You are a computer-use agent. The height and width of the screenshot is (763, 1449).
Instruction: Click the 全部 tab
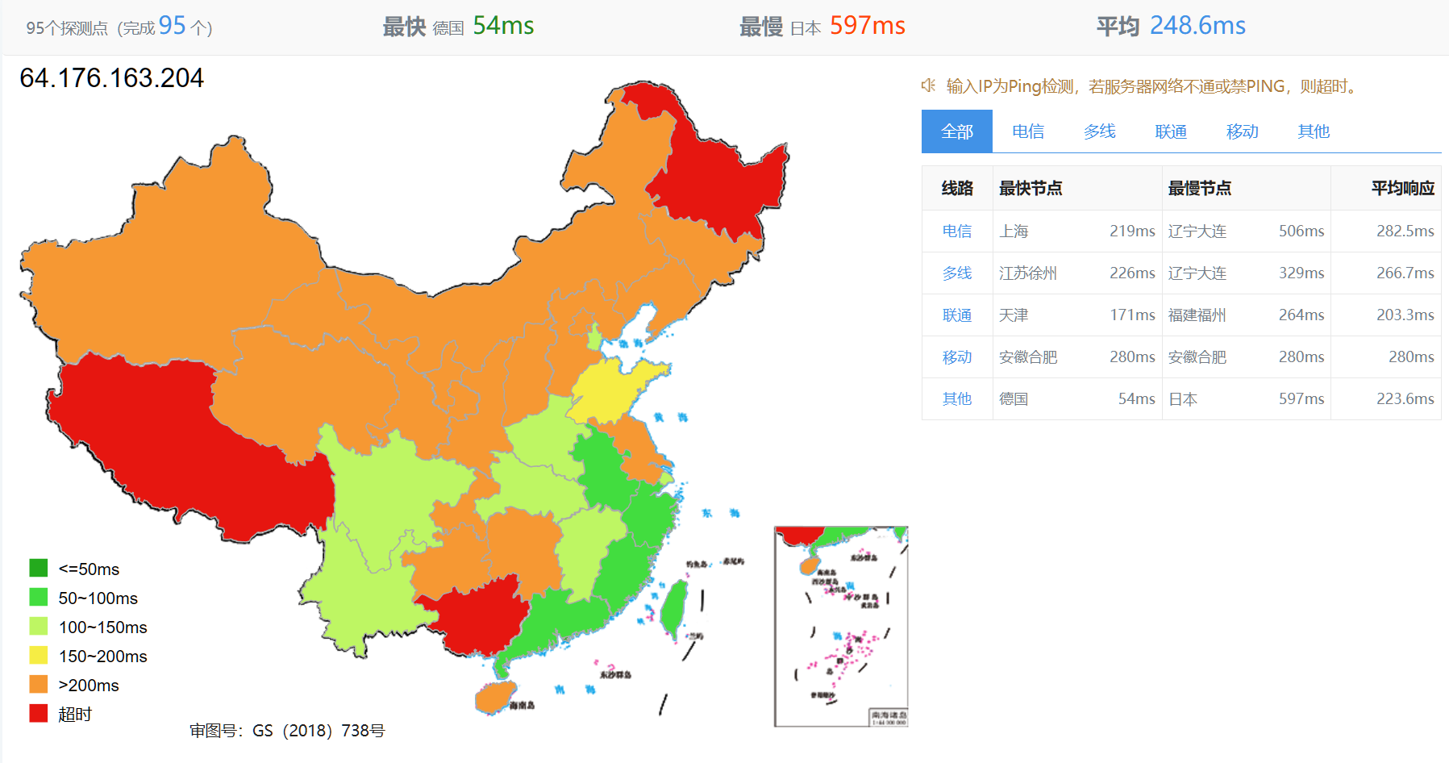click(956, 131)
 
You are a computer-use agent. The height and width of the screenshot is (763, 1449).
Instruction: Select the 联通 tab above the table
click(1171, 131)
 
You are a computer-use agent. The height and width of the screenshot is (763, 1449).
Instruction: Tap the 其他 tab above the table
click(1313, 131)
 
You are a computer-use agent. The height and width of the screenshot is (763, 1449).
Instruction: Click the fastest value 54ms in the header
click(503, 26)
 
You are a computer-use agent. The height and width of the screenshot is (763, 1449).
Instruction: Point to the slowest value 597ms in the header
click(867, 26)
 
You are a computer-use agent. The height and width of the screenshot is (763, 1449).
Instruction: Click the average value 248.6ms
click(1197, 26)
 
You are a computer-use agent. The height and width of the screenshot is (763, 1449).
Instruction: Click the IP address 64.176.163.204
click(112, 78)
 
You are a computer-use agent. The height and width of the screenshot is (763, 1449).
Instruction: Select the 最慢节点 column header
click(1200, 189)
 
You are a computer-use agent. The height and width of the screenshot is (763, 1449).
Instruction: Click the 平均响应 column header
click(1402, 189)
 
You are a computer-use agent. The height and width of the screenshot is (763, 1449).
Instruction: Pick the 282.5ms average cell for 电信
click(1405, 231)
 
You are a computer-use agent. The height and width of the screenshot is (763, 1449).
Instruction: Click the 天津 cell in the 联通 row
click(1014, 315)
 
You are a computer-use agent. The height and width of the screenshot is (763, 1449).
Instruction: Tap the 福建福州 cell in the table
click(1197, 315)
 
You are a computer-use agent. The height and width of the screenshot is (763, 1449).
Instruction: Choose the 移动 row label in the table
click(957, 357)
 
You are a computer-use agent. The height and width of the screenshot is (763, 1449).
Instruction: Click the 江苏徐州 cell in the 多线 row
click(1027, 273)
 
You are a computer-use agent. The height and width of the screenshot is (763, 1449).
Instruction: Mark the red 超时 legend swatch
click(39, 714)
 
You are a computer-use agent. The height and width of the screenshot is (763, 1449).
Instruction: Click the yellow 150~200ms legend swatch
click(39, 656)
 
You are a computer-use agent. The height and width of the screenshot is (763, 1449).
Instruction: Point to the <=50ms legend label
click(89, 569)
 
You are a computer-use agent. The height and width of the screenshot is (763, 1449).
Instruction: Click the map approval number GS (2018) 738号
click(287, 731)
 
